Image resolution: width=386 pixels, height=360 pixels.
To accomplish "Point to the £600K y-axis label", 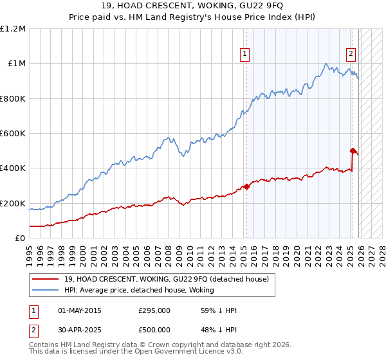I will pos(13,134).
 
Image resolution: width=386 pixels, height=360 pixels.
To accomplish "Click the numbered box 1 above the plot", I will pos(246,55).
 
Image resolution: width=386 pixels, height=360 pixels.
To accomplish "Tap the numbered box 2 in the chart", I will pos(351,55).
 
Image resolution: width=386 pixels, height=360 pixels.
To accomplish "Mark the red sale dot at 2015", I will pos(246,187).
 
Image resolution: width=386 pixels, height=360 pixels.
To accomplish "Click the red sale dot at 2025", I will pos(352,151).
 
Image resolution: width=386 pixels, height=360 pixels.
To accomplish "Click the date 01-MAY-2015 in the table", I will pos(80,310).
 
